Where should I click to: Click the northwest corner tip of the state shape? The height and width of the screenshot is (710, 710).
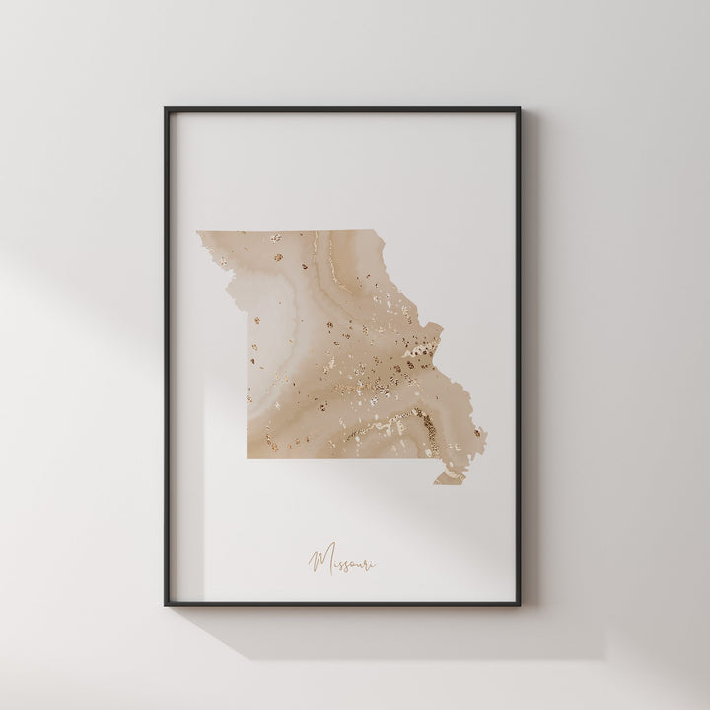(197, 233)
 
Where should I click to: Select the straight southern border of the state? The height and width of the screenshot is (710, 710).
(335, 458)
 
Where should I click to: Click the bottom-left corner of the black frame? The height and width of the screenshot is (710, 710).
(167, 603)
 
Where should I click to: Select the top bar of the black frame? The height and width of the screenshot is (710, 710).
(355, 110)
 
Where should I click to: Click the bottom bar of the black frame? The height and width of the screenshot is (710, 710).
(355, 603)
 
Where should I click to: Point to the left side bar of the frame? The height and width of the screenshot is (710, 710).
(167, 355)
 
